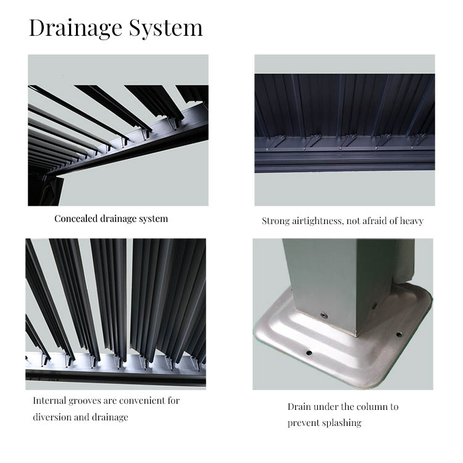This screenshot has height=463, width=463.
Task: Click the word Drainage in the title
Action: coord(75,28)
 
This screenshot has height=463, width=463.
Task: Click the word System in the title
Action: coord(165,28)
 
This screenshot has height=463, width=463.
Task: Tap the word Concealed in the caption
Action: coord(76,219)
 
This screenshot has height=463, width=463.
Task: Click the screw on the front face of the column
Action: coord(324,315)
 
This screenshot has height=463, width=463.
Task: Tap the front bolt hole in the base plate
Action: coord(309,353)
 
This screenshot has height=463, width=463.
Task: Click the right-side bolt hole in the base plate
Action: coord(399,335)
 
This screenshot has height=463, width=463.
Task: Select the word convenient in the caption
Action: coord(142,401)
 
